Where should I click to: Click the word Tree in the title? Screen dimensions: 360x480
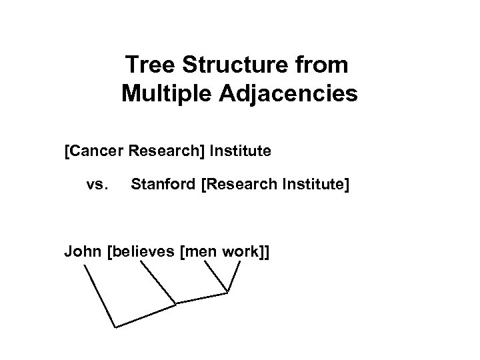pyautogui.click(x=147, y=65)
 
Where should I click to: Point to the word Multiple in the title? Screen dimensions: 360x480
pyautogui.click(x=165, y=94)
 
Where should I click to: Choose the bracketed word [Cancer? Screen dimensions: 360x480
pyautogui.click(x=91, y=151)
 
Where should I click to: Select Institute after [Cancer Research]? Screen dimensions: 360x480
pyautogui.click(x=240, y=151)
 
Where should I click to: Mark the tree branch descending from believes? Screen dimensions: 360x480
pyautogui.click(x=158, y=283)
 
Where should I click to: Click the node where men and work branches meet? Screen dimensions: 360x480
pyautogui.click(x=229, y=292)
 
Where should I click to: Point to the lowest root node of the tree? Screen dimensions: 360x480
pyautogui.click(x=115, y=327)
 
